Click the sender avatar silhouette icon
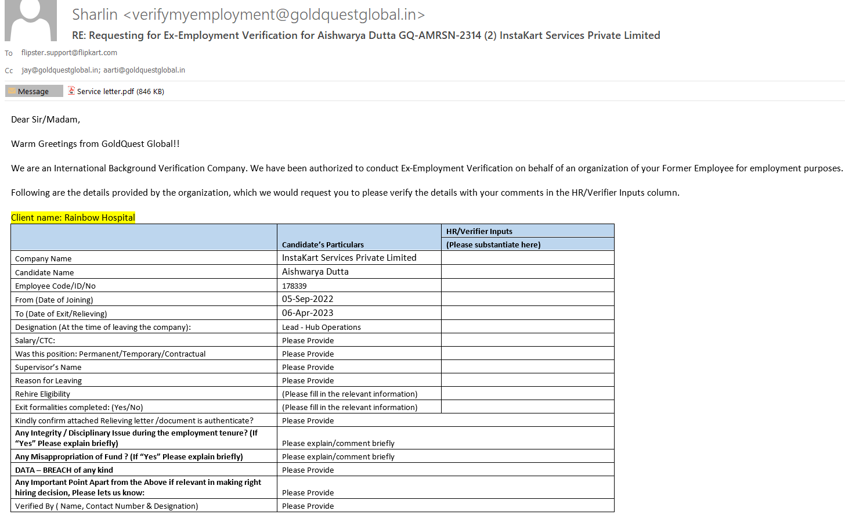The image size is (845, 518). (x=31, y=20)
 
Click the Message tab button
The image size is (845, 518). (x=34, y=91)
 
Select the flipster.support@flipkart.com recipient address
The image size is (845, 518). (x=69, y=52)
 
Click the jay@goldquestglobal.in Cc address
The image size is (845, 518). (x=60, y=70)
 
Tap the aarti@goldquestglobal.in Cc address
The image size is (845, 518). (x=144, y=70)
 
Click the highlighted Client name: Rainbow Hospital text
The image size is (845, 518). (x=73, y=217)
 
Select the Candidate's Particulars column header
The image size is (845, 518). (x=323, y=244)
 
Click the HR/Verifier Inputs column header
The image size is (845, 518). (x=479, y=231)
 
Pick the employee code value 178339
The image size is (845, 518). (x=294, y=286)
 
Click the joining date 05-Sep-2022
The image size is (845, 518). (x=308, y=299)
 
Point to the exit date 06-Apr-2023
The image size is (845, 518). (x=308, y=313)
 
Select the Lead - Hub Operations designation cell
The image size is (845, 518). (x=322, y=327)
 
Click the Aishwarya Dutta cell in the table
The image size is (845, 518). (x=315, y=272)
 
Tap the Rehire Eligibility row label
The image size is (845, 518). (x=42, y=394)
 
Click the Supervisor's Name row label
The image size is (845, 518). (x=48, y=367)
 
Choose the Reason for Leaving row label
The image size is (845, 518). (x=48, y=380)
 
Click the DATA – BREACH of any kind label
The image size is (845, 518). (x=64, y=470)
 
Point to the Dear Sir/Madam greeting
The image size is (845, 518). (x=45, y=120)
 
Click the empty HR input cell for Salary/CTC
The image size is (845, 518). (x=527, y=340)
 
